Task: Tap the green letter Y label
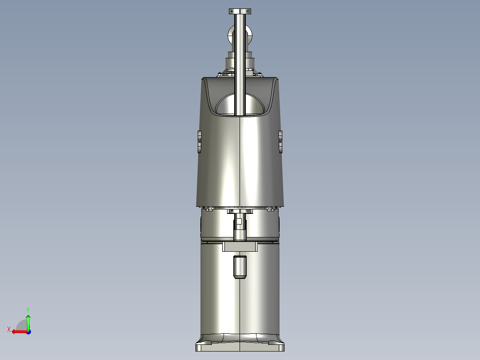tap(28, 309)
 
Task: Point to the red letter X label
tap(9, 329)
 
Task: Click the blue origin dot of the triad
tap(28, 331)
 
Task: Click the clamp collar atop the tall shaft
tap(240, 11)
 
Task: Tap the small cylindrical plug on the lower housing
tap(240, 267)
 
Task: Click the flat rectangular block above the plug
tap(240, 246)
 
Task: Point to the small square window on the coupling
tap(240, 221)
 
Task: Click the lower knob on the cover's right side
tap(281, 147)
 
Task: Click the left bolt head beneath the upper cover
tap(207, 208)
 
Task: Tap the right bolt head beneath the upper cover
tap(270, 208)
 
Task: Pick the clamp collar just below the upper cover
tap(240, 211)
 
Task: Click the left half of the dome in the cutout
tap(226, 106)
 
